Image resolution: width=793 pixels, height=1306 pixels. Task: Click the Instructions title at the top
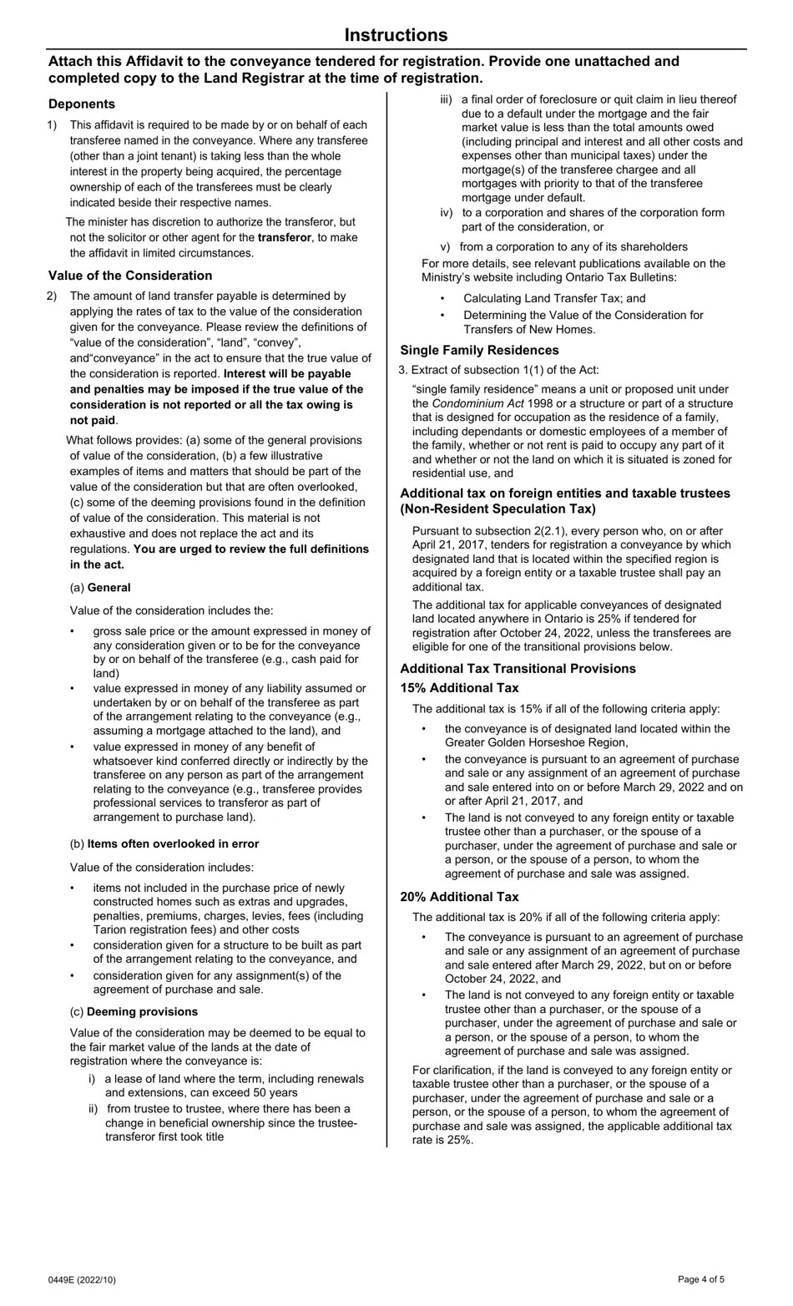(396, 35)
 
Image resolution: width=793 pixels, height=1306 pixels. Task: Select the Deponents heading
(82, 104)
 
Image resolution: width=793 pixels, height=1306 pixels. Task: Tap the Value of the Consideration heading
(130, 276)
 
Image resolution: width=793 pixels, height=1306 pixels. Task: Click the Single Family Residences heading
(479, 350)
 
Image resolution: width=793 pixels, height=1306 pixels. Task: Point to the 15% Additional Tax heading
(459, 688)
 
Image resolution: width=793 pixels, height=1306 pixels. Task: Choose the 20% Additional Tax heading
(459, 897)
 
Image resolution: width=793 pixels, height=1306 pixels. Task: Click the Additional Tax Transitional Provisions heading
(518, 669)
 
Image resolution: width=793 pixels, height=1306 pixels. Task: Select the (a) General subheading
(100, 587)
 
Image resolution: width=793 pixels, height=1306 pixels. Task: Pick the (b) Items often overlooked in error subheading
(164, 843)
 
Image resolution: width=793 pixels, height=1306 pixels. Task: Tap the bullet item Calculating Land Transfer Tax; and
(554, 298)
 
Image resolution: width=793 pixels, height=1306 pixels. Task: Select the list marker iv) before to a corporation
(447, 213)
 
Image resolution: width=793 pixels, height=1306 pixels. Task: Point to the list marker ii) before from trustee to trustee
(93, 1109)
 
